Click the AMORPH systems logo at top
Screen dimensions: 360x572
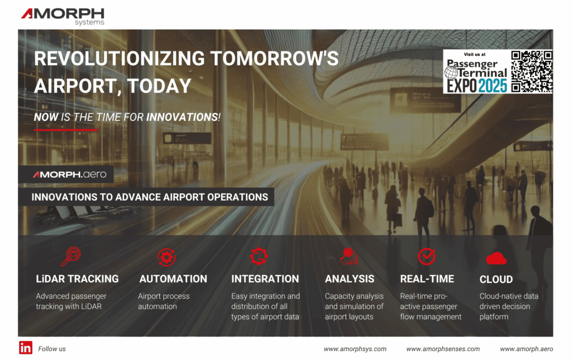pyautogui.click(x=63, y=16)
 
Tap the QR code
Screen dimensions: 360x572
pyautogui.click(x=531, y=71)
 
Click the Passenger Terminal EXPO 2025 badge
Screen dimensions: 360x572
pyautogui.click(x=476, y=72)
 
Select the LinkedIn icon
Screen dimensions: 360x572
pyautogui.click(x=26, y=347)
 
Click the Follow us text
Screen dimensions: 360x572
pyautogui.click(x=52, y=349)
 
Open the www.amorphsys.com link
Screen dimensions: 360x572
pyautogui.click(x=355, y=349)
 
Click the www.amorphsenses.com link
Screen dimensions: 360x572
pyautogui.click(x=442, y=349)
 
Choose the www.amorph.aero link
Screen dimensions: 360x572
pyautogui.click(x=526, y=349)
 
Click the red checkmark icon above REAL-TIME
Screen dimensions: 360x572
pyautogui.click(x=427, y=256)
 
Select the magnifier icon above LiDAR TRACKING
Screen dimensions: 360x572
pyautogui.click(x=71, y=256)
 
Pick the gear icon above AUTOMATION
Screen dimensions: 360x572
pyautogui.click(x=166, y=257)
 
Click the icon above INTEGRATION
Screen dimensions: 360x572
pyautogui.click(x=259, y=256)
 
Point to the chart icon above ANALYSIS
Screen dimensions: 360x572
pyautogui.click(x=349, y=256)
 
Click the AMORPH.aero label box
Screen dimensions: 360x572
pyautogui.click(x=70, y=174)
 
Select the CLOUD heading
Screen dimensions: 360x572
pyautogui.click(x=496, y=279)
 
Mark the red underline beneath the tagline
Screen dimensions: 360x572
pyautogui.click(x=66, y=129)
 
